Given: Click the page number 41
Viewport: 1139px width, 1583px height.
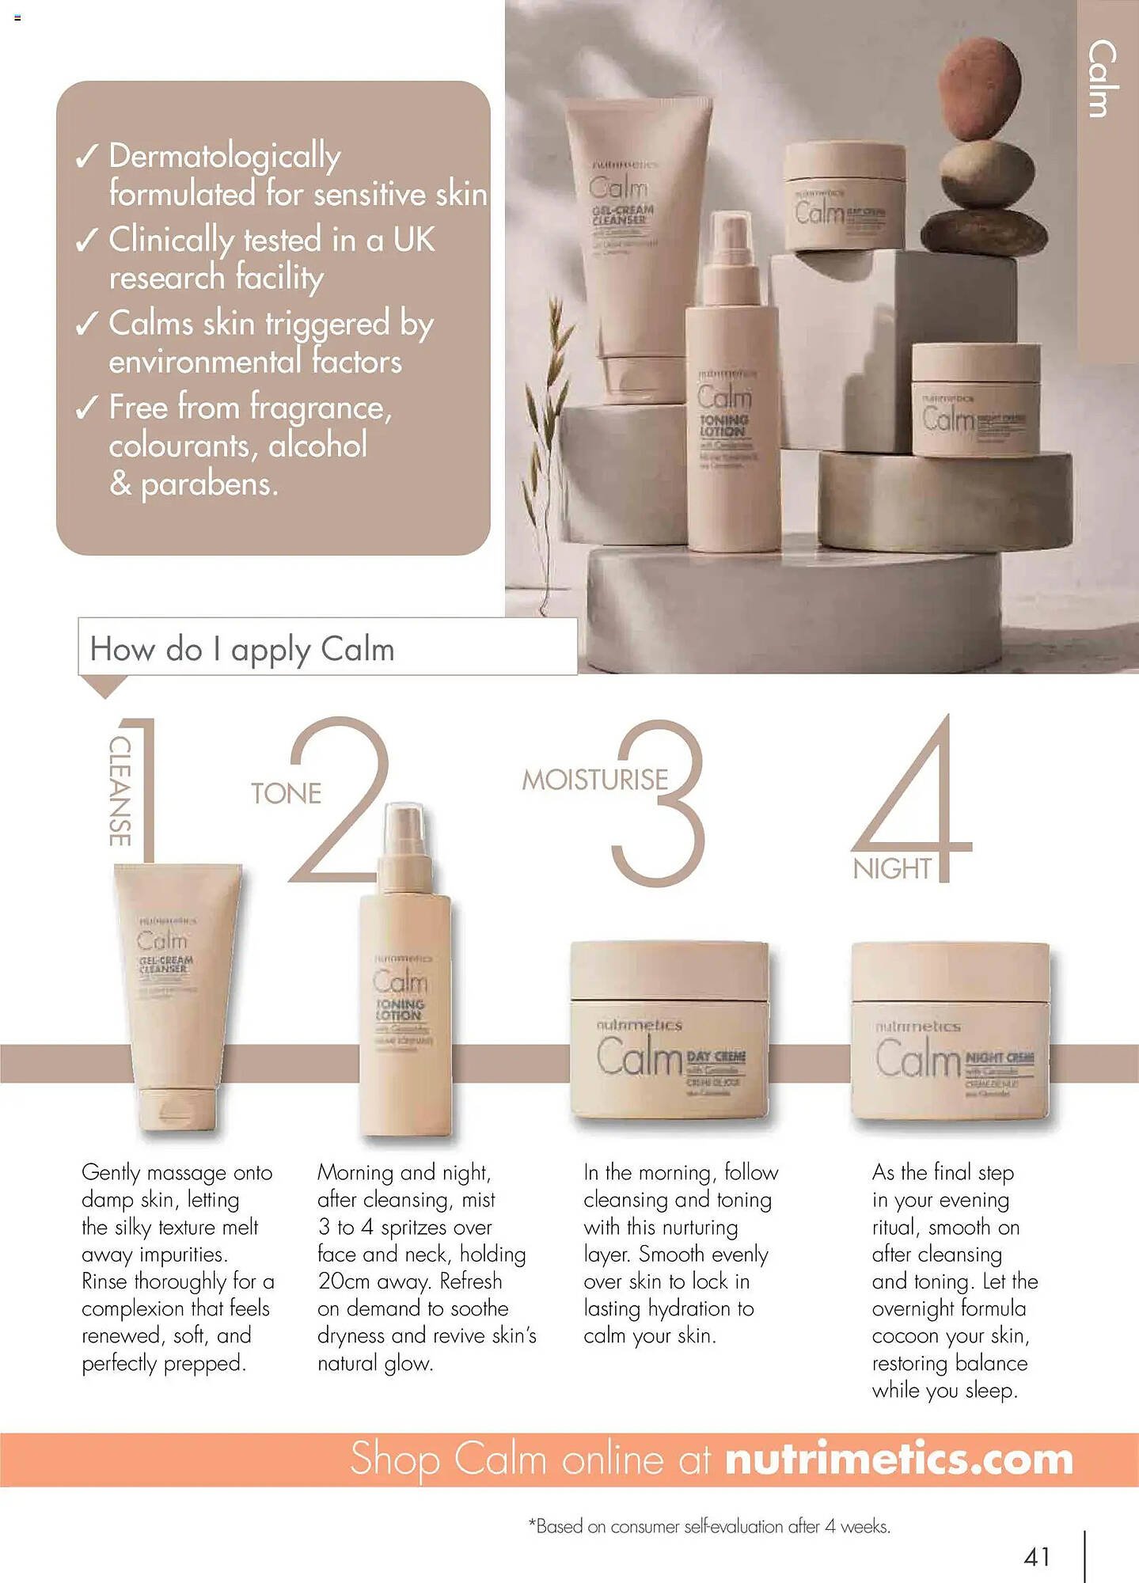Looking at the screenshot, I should tap(1036, 1557).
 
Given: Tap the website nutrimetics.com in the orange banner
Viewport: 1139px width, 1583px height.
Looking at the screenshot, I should tap(898, 1460).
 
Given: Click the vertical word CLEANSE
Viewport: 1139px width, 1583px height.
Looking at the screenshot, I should tap(120, 791).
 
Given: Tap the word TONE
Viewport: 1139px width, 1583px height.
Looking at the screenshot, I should tap(286, 793).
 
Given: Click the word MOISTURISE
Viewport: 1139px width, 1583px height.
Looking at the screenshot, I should tap(594, 780).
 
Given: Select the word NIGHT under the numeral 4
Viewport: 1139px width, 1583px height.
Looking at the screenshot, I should tap(892, 869).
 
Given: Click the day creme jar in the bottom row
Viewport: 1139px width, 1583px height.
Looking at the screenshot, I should tap(670, 1030).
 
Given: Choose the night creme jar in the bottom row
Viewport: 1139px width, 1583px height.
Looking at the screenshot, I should tap(950, 1030).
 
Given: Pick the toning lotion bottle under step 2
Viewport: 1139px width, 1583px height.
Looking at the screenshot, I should tap(404, 981).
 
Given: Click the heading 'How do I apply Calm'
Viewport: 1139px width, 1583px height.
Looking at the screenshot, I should tap(242, 649).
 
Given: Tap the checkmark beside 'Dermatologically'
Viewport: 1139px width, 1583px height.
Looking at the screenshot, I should tap(87, 157).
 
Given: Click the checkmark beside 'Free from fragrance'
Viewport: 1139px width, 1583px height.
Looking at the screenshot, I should tap(87, 408).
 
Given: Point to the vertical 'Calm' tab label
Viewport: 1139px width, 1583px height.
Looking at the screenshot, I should tap(1103, 79).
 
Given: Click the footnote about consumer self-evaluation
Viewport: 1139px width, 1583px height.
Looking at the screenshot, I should tap(709, 1526).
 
